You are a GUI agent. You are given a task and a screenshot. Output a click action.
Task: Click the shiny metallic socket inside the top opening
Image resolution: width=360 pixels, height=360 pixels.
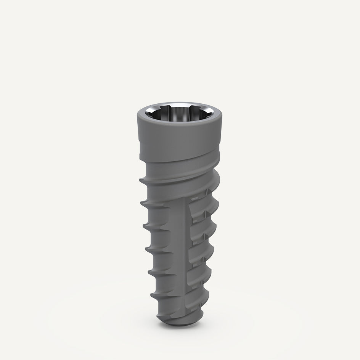pos(179,114)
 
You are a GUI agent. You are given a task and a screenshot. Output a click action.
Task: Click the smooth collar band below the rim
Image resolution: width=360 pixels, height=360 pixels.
pos(179,137)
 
